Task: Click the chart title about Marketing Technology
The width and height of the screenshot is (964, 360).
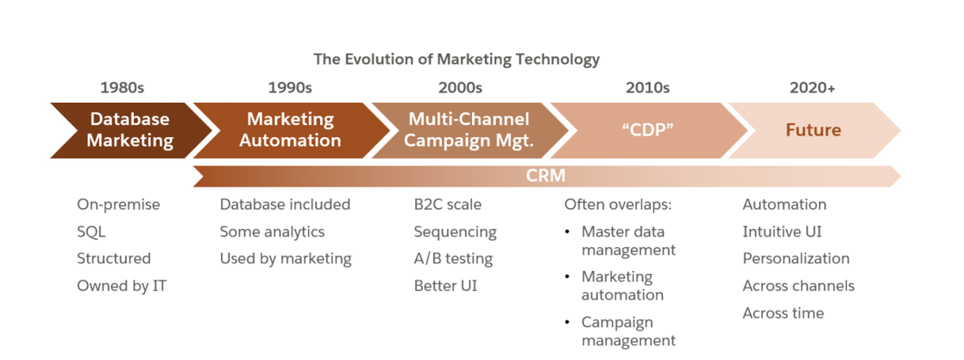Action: (457, 59)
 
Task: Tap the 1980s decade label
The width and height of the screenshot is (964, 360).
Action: (123, 87)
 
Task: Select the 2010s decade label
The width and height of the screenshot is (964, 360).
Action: (647, 87)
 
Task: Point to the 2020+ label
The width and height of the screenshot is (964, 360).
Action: (812, 87)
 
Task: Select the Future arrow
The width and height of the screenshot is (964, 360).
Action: (813, 130)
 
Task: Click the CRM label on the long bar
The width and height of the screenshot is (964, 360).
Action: (545, 176)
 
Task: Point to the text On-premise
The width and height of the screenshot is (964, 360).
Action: (118, 205)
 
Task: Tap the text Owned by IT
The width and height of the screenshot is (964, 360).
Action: (121, 286)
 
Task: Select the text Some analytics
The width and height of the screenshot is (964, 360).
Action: (273, 231)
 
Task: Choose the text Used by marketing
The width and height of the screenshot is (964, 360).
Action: (286, 259)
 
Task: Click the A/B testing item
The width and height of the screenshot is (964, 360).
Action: (453, 259)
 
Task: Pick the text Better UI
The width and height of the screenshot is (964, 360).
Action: (445, 286)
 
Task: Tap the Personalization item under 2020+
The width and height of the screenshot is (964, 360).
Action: (797, 258)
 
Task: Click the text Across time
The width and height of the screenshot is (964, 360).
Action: (783, 313)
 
